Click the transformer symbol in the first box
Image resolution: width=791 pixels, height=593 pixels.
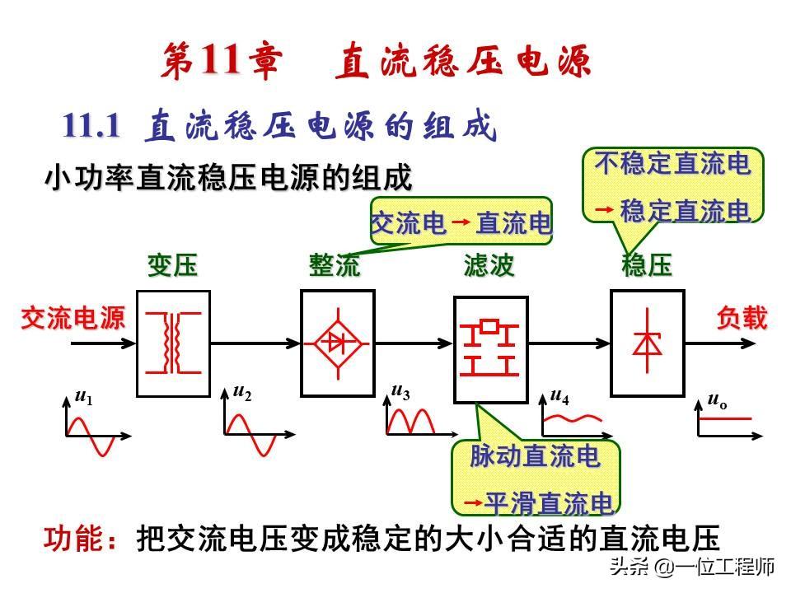point(173,343)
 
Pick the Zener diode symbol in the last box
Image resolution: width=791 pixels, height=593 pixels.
point(646,342)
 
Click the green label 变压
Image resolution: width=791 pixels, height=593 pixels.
point(172,266)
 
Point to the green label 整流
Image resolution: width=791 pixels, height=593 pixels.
point(335,266)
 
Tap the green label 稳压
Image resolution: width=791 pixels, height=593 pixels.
point(647,266)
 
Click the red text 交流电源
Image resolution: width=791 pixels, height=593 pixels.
point(73,319)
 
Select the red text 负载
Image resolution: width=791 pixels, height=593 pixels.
point(742,318)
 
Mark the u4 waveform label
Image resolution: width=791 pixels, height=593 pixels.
point(559,397)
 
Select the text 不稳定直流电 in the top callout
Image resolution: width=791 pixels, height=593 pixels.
point(672,165)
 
